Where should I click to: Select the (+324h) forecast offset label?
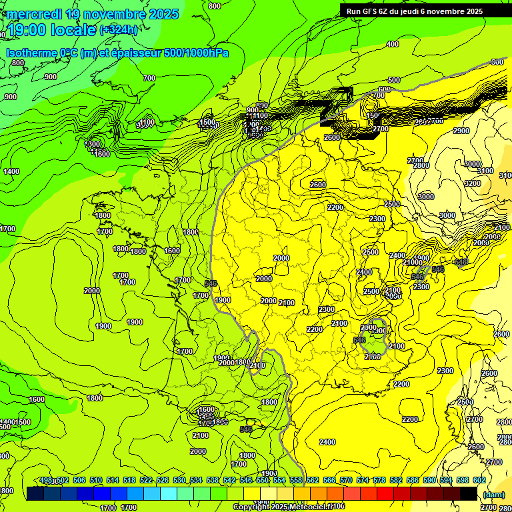(118, 30)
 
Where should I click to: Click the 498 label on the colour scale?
(46, 481)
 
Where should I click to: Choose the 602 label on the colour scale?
(479, 481)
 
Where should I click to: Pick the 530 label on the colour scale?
(179, 481)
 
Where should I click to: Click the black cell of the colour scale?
(469, 493)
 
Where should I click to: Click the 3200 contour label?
(472, 183)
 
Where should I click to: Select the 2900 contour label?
(461, 131)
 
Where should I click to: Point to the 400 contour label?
(393, 45)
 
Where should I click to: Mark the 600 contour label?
(384, 89)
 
